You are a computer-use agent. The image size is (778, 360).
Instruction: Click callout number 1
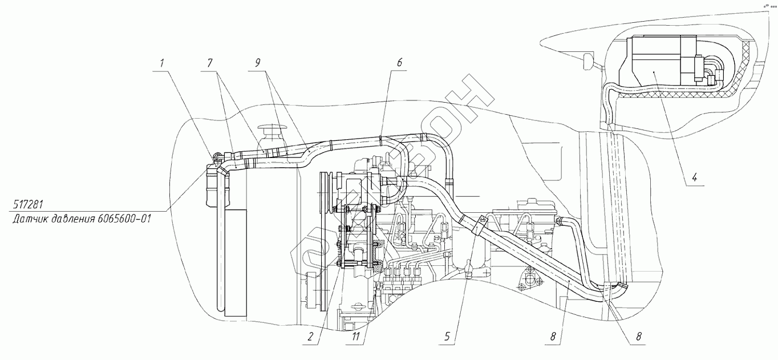[162, 62]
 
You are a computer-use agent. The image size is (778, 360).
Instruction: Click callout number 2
[311, 337]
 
